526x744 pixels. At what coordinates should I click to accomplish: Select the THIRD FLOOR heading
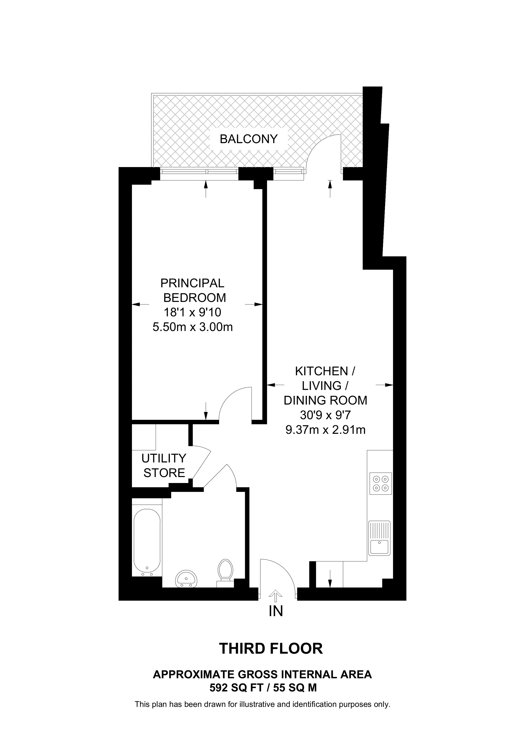pyautogui.click(x=271, y=648)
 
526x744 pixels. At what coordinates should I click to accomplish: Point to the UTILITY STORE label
pyautogui.click(x=164, y=465)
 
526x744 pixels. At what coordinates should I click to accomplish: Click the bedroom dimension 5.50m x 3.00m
pyautogui.click(x=192, y=327)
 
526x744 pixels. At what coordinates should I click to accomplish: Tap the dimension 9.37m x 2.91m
pyautogui.click(x=325, y=430)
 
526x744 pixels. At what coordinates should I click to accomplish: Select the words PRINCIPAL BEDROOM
pyautogui.click(x=193, y=290)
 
